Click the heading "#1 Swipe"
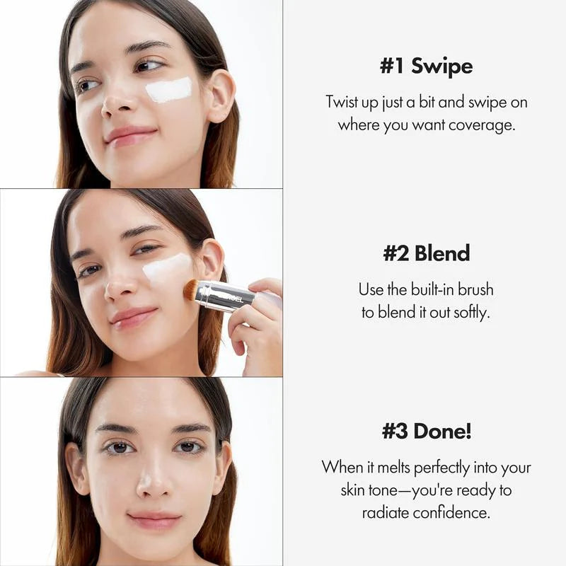point(426,67)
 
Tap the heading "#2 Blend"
point(426,253)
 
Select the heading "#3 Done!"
point(426,431)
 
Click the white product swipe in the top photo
point(168,90)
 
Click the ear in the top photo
point(220,95)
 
